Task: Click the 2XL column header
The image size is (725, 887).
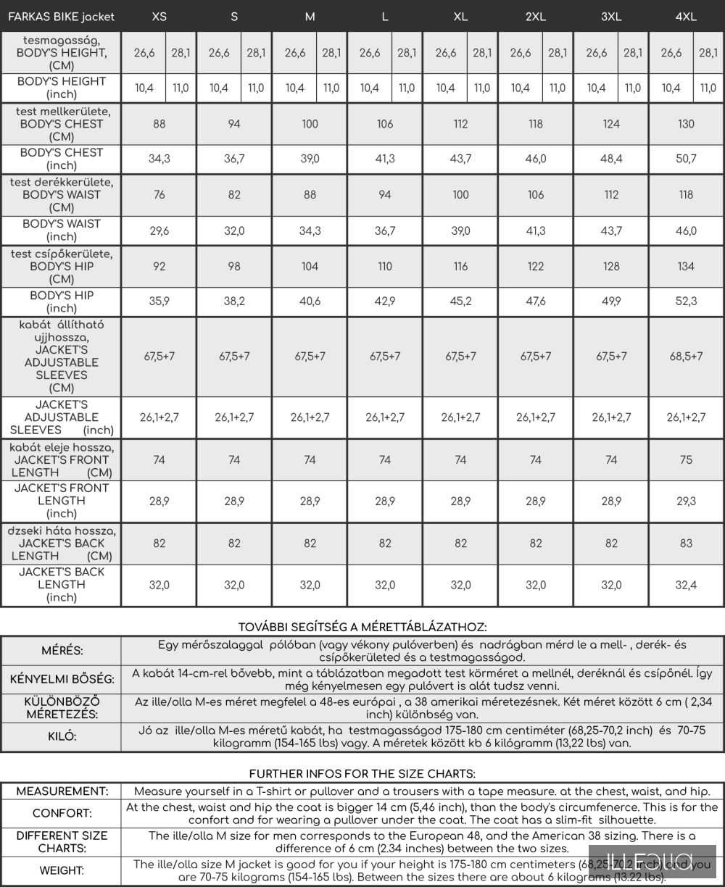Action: tap(535, 17)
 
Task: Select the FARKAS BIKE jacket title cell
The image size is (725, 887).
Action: tap(61, 17)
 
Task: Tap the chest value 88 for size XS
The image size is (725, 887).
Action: tap(159, 124)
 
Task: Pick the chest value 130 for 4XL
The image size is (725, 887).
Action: tap(686, 124)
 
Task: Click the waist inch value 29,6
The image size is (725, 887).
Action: tap(159, 231)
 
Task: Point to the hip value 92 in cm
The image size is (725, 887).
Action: tap(159, 267)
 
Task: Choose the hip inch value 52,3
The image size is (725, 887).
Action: tap(686, 301)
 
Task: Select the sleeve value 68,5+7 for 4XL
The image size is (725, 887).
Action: tap(686, 357)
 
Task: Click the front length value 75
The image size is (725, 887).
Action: tap(686, 460)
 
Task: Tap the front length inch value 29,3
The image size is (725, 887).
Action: tap(686, 501)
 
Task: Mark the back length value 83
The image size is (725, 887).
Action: tap(686, 544)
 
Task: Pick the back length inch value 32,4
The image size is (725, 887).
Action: tap(686, 586)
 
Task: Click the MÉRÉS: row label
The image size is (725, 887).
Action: tap(62, 651)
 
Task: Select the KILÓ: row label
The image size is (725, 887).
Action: tap(62, 737)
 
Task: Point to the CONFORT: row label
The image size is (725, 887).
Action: tap(62, 814)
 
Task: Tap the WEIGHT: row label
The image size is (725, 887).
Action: tap(62, 870)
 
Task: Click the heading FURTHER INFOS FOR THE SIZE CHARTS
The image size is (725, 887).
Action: tap(362, 774)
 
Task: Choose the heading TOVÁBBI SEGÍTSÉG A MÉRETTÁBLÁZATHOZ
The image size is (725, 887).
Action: tap(362, 627)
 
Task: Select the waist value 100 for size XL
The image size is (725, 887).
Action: tap(460, 195)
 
